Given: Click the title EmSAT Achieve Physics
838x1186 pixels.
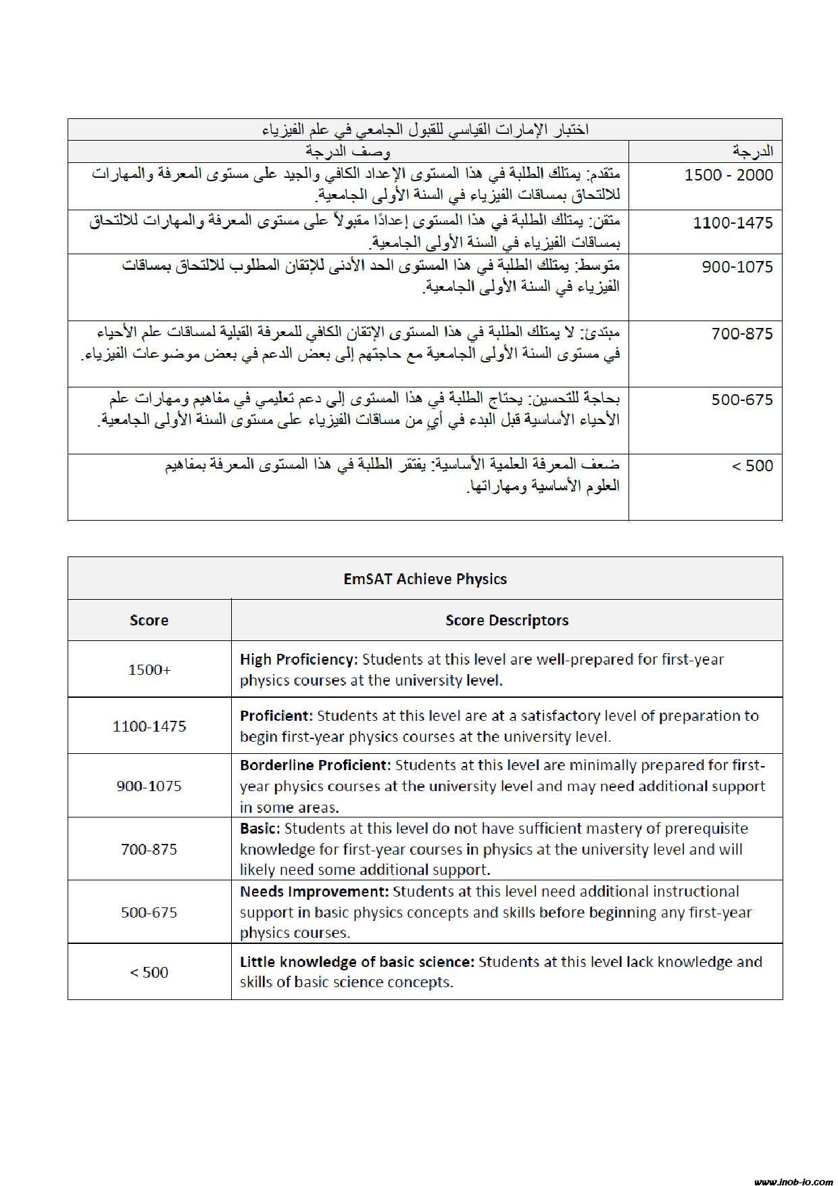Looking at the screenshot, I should click(425, 579).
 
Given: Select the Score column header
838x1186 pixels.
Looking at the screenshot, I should click(149, 620).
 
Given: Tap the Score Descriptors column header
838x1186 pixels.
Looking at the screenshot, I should click(507, 620).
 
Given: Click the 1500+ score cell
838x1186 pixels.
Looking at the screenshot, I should click(149, 669).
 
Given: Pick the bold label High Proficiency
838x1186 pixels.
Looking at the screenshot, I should click(298, 659).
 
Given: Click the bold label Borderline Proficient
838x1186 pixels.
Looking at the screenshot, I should click(316, 765).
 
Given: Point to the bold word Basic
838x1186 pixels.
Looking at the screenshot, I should click(260, 828).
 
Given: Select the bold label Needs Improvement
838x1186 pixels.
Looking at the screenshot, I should click(314, 891).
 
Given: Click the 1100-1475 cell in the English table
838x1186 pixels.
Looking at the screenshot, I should click(149, 726).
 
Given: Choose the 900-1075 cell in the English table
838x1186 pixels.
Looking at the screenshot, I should click(149, 786).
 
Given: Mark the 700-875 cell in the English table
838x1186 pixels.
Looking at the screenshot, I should click(149, 849).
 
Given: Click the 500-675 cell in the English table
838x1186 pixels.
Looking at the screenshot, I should click(149, 912).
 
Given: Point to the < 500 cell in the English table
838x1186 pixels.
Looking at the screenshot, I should click(149, 972).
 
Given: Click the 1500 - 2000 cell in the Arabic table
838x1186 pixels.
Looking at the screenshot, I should click(729, 175).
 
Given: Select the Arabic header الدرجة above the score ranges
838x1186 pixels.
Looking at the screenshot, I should click(753, 150).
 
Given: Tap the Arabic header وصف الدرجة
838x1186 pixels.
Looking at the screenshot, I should click(347, 150).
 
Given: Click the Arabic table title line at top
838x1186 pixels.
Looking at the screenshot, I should click(425, 130).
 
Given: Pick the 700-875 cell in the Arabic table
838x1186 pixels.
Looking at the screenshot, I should click(742, 333).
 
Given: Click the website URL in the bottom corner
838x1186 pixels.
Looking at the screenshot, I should click(793, 1177).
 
